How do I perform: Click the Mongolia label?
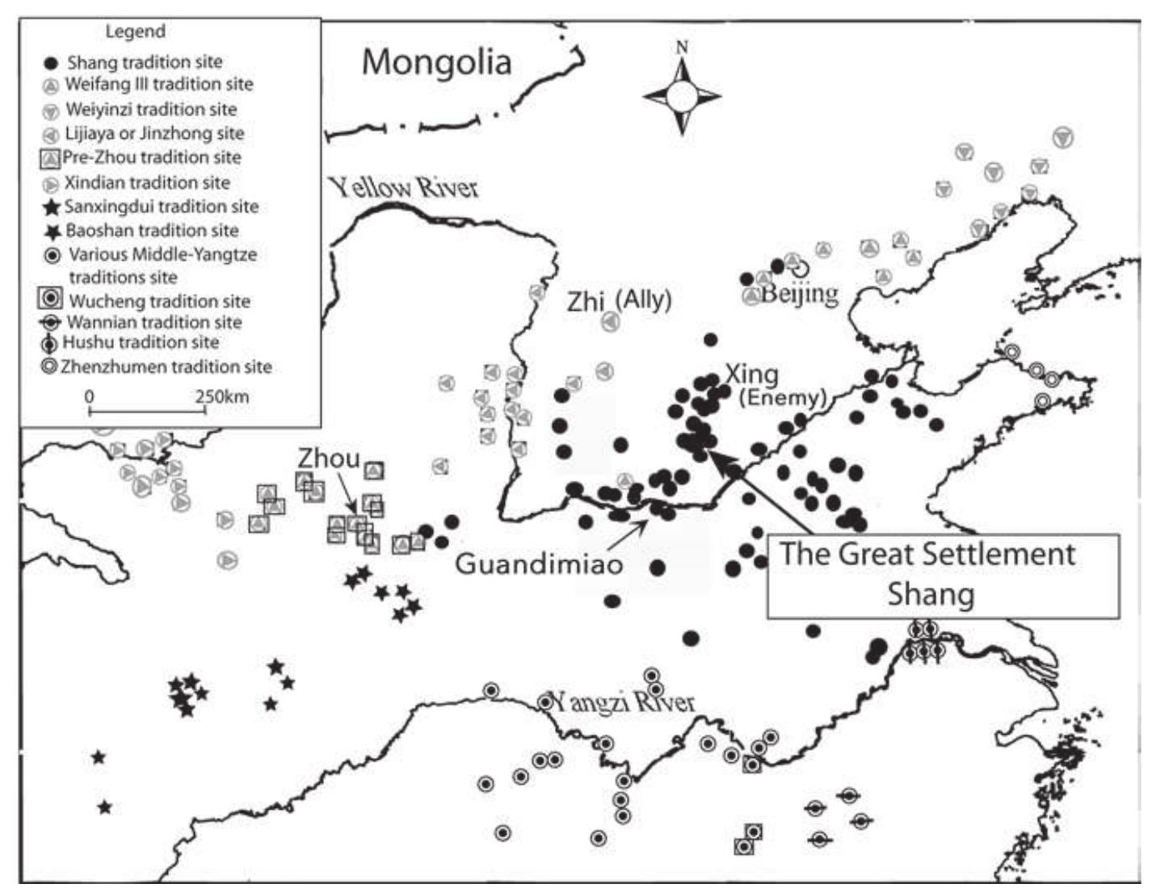(436, 62)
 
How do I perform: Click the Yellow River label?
(403, 188)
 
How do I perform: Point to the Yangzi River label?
(620, 702)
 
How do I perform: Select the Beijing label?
(799, 292)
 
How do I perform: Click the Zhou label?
(329, 459)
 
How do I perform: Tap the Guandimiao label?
(539, 563)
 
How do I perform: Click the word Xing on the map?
(751, 375)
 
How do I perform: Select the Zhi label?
(586, 301)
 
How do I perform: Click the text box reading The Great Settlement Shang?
(943, 576)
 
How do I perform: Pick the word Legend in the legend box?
(135, 31)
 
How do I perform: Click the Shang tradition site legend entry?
(144, 62)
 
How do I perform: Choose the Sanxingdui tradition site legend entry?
(161, 207)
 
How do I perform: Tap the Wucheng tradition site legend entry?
(159, 301)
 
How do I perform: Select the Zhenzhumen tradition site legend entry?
(166, 367)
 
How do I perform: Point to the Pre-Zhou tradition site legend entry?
(151, 157)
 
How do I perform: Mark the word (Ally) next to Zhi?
(644, 300)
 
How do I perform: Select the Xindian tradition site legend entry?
(147, 183)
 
